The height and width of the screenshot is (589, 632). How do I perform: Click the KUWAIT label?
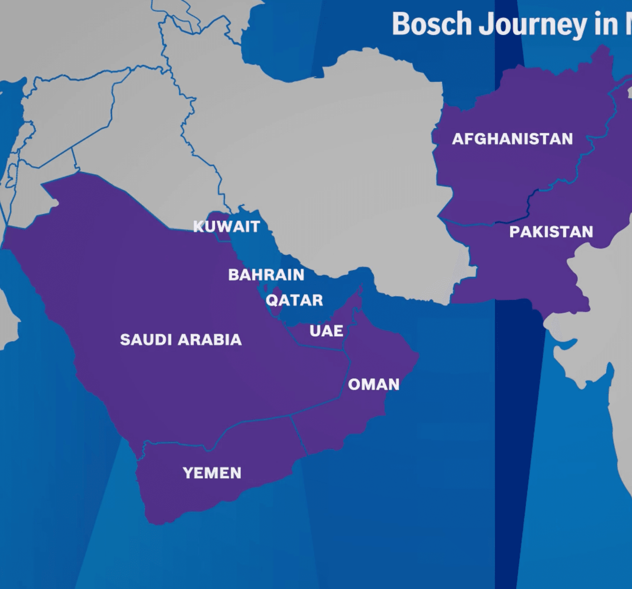click(226, 226)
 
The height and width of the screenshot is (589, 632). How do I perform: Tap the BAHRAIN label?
click(266, 275)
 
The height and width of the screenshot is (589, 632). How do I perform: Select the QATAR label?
click(294, 301)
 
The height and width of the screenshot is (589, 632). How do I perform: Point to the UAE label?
click(326, 331)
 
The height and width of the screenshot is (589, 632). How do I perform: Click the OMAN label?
click(374, 384)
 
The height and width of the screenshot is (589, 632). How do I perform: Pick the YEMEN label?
click(212, 473)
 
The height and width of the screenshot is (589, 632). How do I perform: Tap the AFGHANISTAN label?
click(512, 139)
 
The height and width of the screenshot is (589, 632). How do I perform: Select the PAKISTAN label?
click(551, 232)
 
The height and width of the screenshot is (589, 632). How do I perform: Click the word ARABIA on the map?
click(211, 340)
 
